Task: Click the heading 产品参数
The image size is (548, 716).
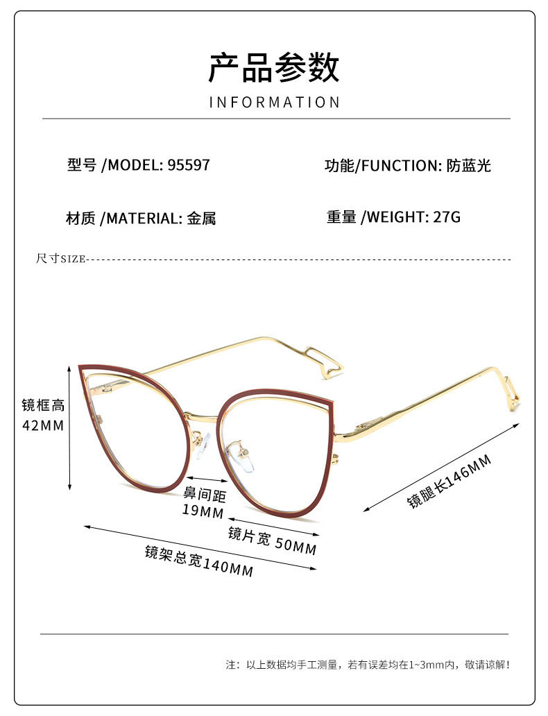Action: (x=274, y=67)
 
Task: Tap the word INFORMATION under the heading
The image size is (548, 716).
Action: (x=275, y=103)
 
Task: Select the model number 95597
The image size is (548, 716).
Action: (x=188, y=165)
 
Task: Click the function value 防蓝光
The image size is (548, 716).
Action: (x=469, y=166)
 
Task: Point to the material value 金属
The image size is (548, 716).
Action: (x=201, y=219)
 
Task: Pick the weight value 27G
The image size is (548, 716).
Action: (x=446, y=217)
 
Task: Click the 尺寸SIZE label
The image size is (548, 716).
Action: (x=60, y=259)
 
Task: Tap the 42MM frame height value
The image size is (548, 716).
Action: (x=43, y=425)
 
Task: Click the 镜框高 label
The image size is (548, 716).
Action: (x=43, y=405)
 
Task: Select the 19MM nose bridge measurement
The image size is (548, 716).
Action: (x=203, y=512)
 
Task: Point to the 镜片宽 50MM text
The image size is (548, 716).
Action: (x=273, y=540)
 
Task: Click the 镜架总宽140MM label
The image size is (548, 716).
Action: (x=199, y=561)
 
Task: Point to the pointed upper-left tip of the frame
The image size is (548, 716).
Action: (x=82, y=368)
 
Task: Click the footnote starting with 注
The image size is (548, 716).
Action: (x=368, y=665)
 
